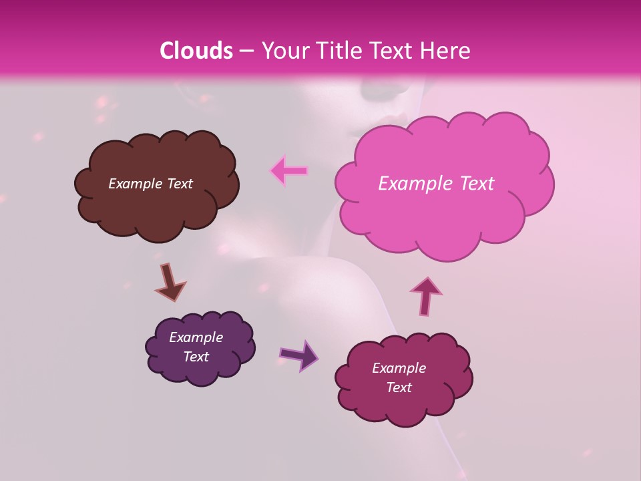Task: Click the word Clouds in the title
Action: pyautogui.click(x=196, y=51)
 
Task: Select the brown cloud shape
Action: pyautogui.click(x=157, y=207)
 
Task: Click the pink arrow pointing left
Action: pyautogui.click(x=288, y=171)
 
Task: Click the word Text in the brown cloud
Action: pyautogui.click(x=179, y=184)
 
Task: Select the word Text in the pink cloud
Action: pyautogui.click(x=476, y=184)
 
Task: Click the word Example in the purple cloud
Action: pyautogui.click(x=196, y=337)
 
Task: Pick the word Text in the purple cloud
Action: pyautogui.click(x=196, y=357)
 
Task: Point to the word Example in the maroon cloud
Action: pyautogui.click(x=399, y=368)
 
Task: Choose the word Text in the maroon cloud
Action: pyautogui.click(x=399, y=387)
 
